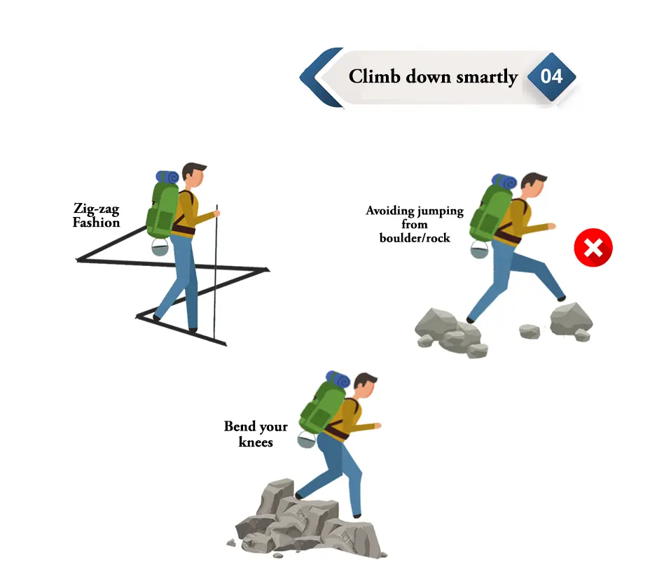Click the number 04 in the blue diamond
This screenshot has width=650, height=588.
pos(552,76)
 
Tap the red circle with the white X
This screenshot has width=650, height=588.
pos(593,248)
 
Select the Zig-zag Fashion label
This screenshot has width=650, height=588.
pos(97,215)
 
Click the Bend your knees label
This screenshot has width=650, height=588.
pos(256,434)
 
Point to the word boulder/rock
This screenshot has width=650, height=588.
pos(415,238)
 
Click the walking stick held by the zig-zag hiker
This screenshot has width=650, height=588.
pos(215,273)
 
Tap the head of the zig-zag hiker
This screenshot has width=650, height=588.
pos(194,176)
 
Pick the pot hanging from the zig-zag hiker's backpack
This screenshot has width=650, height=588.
pos(160,247)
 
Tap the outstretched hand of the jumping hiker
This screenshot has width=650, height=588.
pos(552,226)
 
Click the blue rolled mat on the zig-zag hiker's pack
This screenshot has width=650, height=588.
pos(168,177)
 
